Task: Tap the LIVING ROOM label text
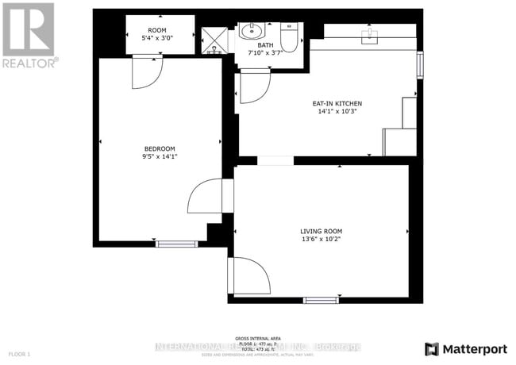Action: [321, 231]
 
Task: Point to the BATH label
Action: [264, 46]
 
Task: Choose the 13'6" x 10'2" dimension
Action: [321, 239]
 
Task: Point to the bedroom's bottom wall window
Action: [176, 243]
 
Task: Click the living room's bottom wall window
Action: [321, 300]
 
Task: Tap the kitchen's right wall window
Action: [420, 63]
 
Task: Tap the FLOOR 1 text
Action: [19, 353]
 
